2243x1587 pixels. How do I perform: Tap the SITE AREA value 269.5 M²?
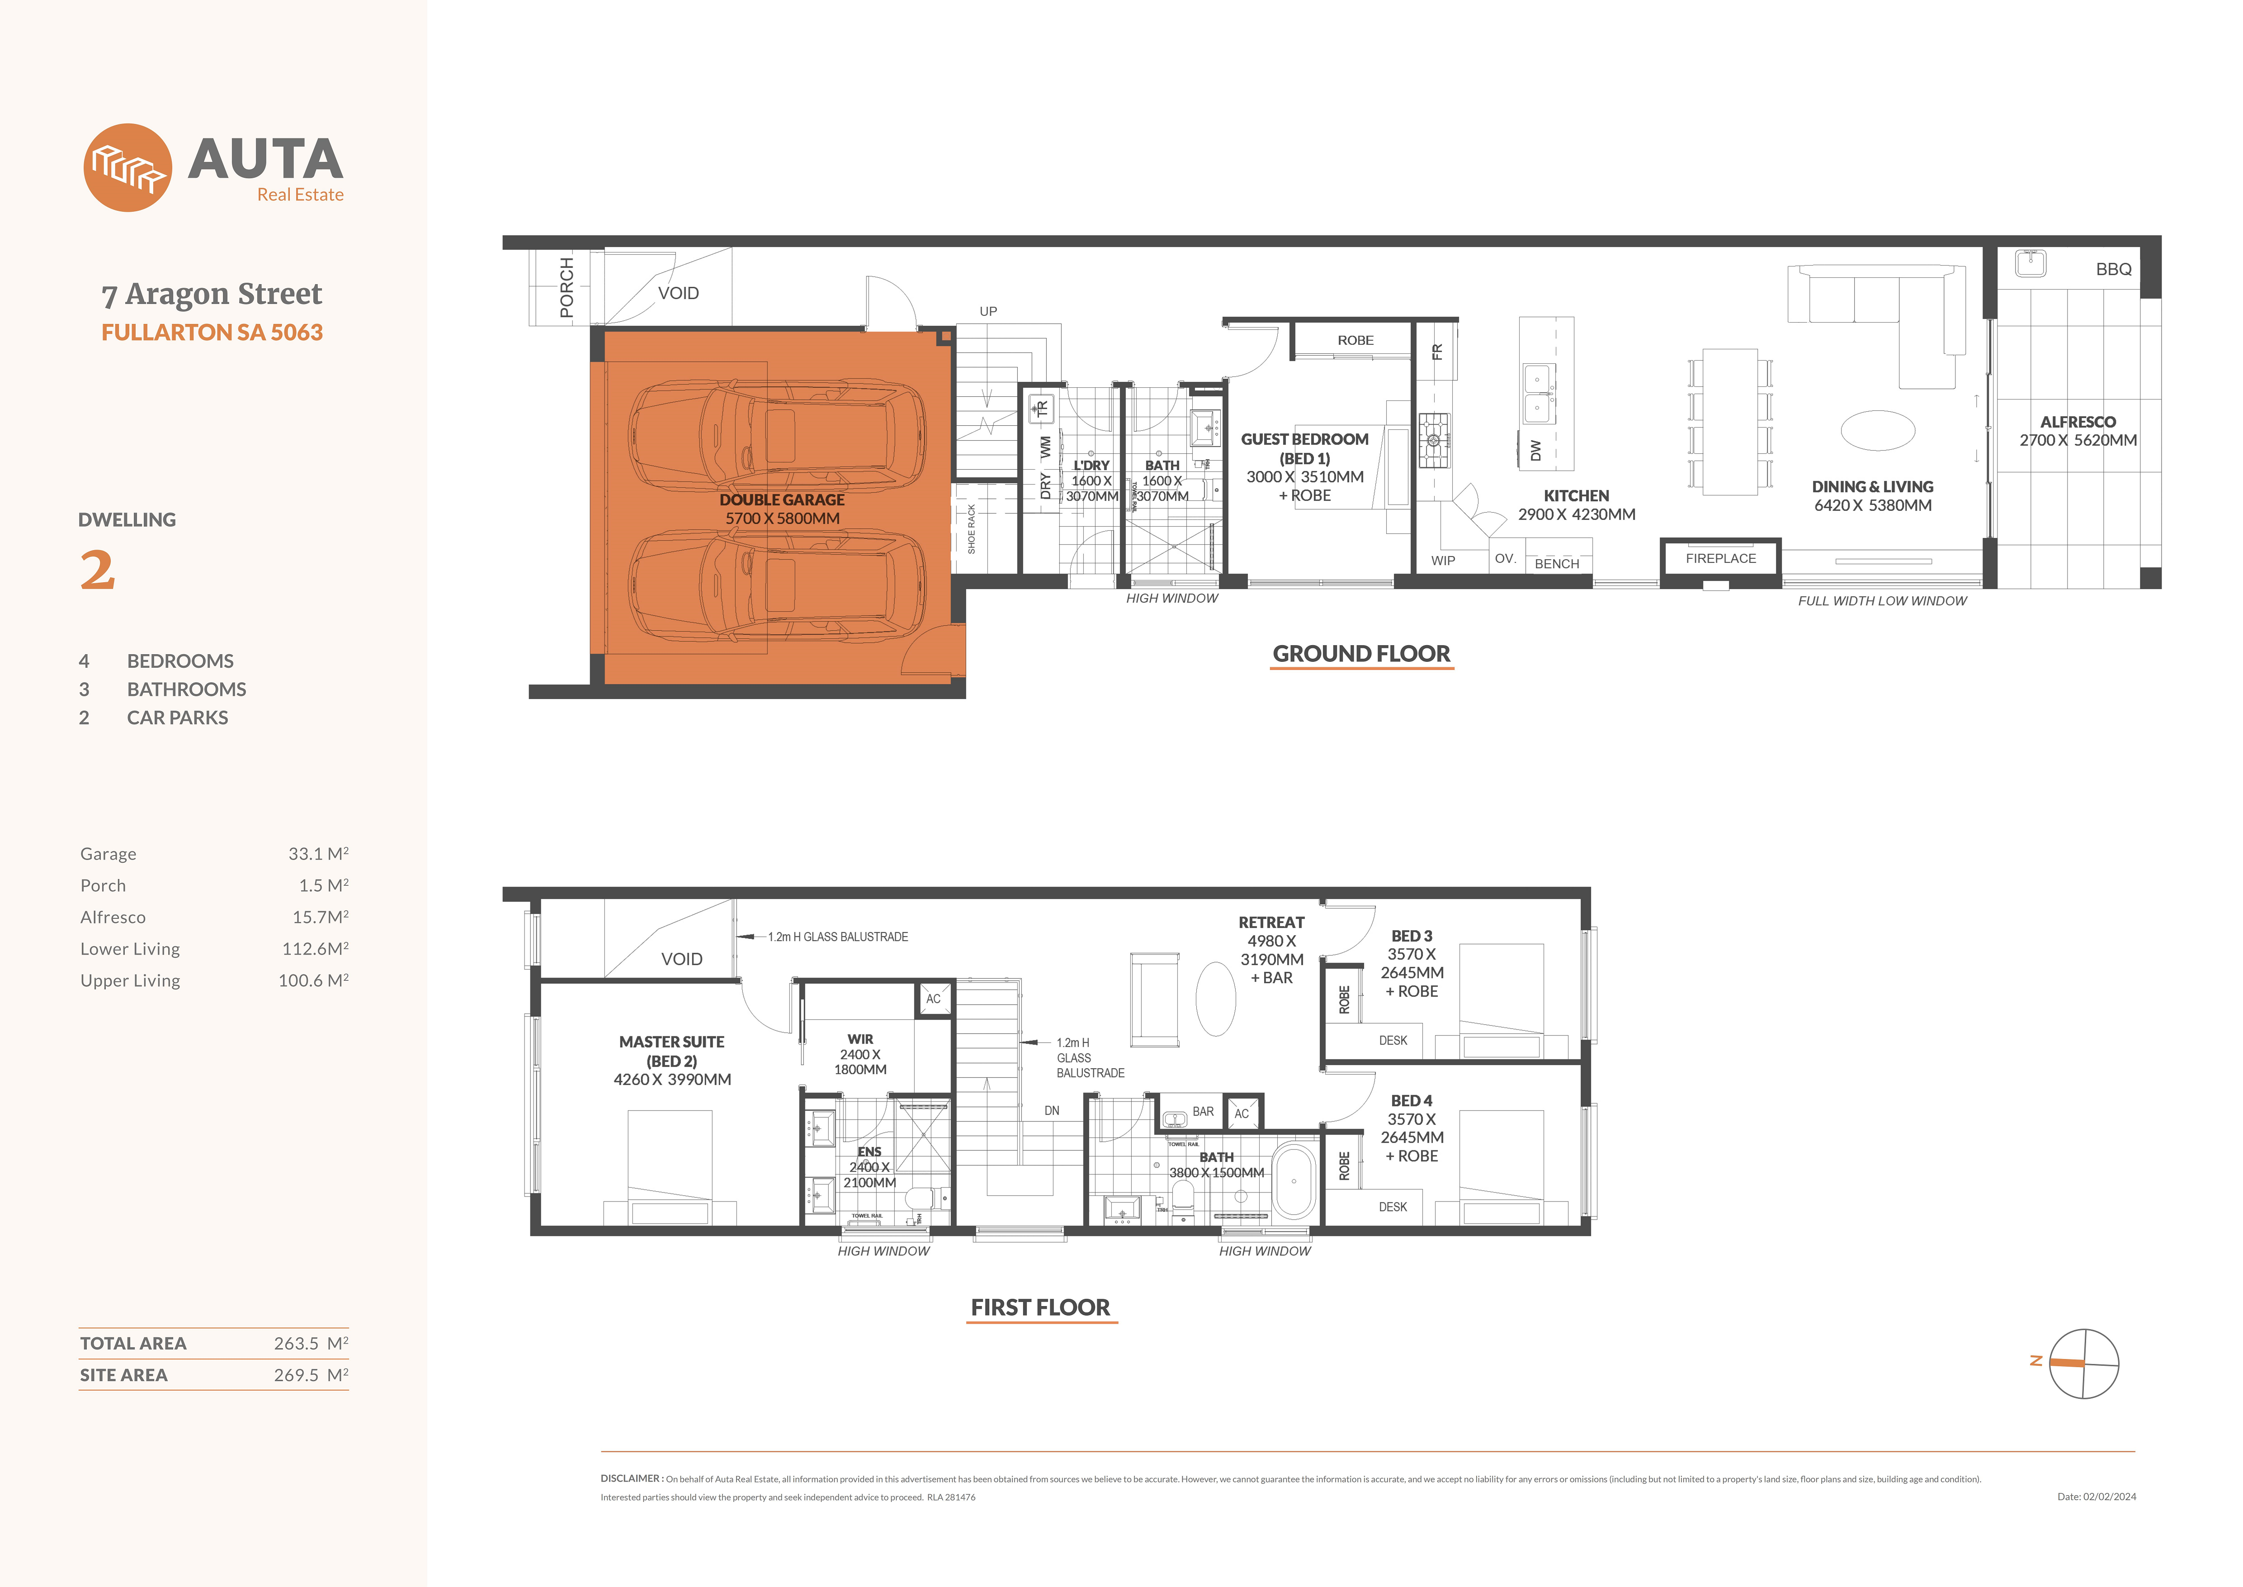pyautogui.click(x=311, y=1375)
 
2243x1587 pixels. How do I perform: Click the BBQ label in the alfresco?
pyautogui.click(x=2113, y=269)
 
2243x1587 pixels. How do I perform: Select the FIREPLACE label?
pyautogui.click(x=1720, y=558)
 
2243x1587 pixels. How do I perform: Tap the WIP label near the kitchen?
pyautogui.click(x=1443, y=561)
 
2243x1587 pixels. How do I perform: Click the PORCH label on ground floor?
pyautogui.click(x=567, y=287)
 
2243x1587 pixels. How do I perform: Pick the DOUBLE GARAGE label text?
pyautogui.click(x=782, y=499)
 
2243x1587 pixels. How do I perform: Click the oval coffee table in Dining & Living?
pyautogui.click(x=1877, y=430)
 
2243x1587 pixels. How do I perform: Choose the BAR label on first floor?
pyautogui.click(x=1203, y=1112)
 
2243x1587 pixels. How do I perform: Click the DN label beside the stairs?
pyautogui.click(x=1051, y=1111)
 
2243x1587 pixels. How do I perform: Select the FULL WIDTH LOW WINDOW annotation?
pyautogui.click(x=1882, y=601)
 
